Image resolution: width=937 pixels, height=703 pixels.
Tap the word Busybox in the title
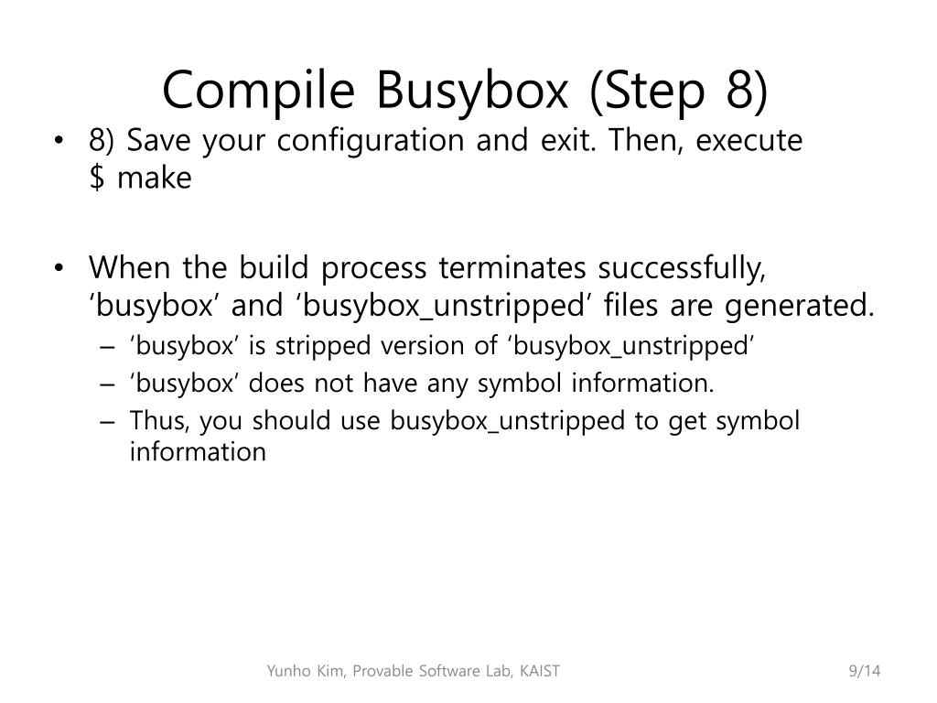473,90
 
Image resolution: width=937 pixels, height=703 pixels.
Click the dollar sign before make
96,178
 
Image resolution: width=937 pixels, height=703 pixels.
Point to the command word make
154,178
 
